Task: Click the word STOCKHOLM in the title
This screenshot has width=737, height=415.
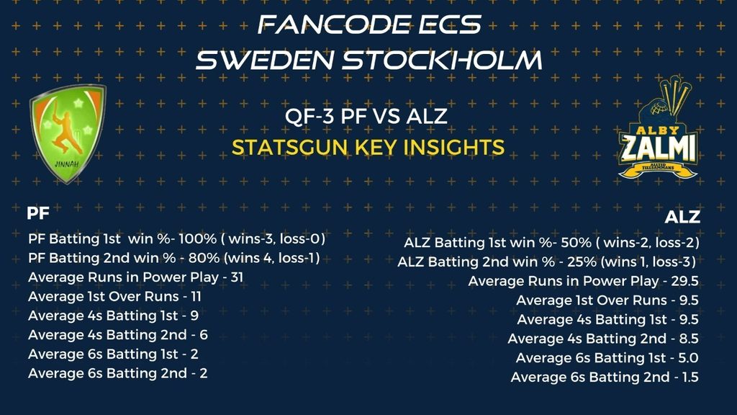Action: tap(442, 61)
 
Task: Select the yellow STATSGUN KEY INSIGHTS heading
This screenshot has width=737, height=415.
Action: tap(368, 147)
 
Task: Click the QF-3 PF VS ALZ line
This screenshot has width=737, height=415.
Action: tap(366, 116)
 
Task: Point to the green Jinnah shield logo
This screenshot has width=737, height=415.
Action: tap(68, 133)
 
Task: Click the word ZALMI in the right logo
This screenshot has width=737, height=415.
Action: tap(658, 148)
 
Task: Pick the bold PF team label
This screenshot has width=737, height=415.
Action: tap(38, 213)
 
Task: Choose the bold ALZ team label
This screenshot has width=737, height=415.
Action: tap(682, 217)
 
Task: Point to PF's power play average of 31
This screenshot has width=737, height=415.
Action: tap(237, 277)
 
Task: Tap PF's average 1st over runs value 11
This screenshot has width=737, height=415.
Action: tap(196, 296)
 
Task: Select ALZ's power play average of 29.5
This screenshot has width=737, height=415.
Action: tap(684, 281)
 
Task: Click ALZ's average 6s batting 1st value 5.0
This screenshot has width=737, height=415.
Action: tap(688, 357)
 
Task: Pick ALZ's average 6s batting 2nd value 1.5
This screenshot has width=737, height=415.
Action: tap(689, 377)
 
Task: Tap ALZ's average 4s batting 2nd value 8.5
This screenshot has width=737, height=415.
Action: tap(689, 339)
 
